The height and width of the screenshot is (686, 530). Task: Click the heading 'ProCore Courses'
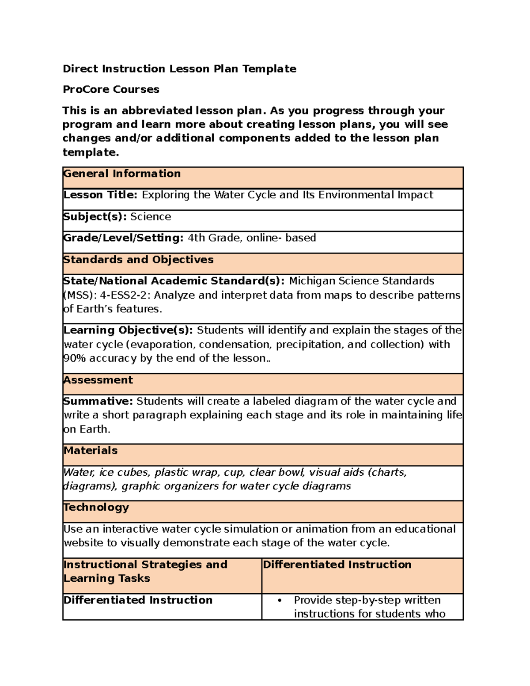(111, 89)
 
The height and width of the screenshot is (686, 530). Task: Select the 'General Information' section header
(122, 174)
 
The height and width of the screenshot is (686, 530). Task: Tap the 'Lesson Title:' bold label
(101, 195)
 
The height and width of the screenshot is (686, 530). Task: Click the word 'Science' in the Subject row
(151, 216)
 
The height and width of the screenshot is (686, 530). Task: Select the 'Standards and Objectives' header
(138, 259)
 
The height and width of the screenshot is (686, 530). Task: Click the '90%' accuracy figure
(75, 358)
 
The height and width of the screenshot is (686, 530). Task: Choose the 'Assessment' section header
(98, 380)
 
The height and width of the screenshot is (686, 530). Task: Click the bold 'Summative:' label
(98, 401)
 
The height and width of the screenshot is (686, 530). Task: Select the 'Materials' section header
(91, 451)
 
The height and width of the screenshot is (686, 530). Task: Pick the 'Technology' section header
(96, 507)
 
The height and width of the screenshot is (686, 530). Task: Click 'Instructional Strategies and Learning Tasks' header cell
(145, 571)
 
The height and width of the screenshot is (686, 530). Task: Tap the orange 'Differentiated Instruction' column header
(337, 565)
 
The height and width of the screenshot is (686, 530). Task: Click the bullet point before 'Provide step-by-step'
(280, 600)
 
